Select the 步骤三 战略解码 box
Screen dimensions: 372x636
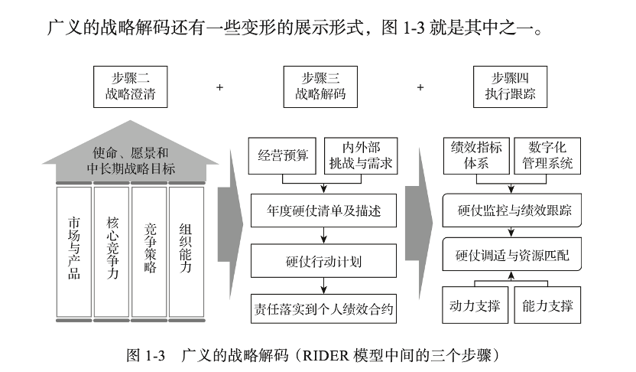tap(320, 86)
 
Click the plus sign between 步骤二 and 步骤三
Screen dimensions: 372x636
tap(220, 87)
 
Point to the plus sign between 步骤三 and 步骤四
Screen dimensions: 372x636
tap(420, 87)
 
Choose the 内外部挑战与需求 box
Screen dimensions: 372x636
tap(359, 155)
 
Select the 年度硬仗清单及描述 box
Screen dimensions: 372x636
tap(324, 206)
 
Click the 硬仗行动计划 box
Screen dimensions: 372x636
tap(324, 260)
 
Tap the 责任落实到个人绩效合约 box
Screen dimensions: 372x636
tap(324, 309)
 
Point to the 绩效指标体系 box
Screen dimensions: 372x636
tap(474, 155)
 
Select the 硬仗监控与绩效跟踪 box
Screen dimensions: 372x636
tap(511, 209)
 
